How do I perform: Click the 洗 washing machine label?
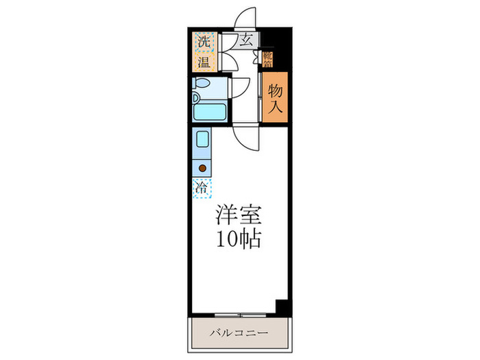tap(204, 43)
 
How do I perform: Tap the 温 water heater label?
tap(204, 64)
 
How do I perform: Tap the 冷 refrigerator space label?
tap(202, 186)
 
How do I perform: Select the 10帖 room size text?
tap(239, 240)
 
